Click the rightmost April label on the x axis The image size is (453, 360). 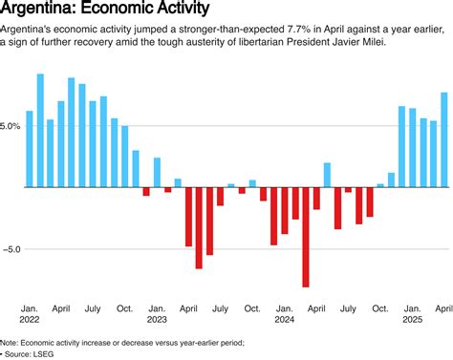(443, 308)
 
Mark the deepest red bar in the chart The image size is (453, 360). (306, 237)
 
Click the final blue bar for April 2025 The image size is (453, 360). (444, 139)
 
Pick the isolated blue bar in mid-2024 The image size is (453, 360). (327, 175)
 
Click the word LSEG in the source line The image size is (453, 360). (44, 352)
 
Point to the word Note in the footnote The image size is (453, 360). (10, 342)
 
